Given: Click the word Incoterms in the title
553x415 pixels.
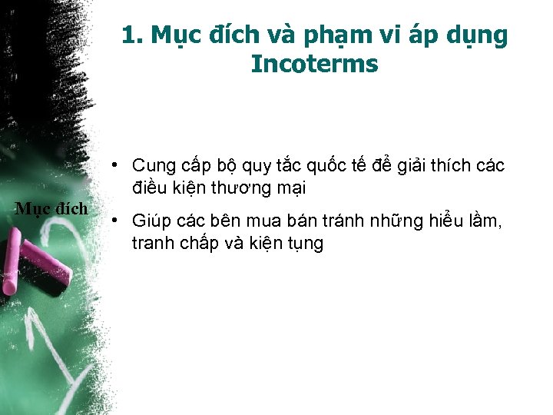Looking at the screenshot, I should (x=314, y=65).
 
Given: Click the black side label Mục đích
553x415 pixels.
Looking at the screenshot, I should (x=51, y=208).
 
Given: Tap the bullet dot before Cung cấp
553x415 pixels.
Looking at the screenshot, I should (x=113, y=164).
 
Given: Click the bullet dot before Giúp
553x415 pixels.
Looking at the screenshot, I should (x=113, y=221).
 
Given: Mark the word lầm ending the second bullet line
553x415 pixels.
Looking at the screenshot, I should (x=484, y=221).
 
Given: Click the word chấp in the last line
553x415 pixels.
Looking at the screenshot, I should (x=207, y=244).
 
